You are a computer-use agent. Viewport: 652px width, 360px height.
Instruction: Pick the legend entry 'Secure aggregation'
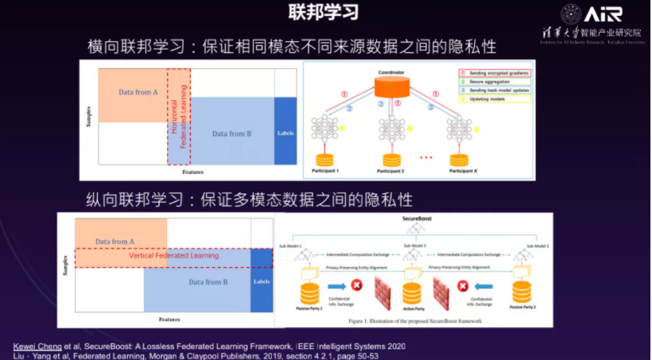click(x=487, y=81)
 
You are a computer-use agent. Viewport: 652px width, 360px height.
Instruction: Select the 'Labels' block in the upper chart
click(x=285, y=133)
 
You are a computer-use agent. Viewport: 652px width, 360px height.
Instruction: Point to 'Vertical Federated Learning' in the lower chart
click(x=173, y=256)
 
